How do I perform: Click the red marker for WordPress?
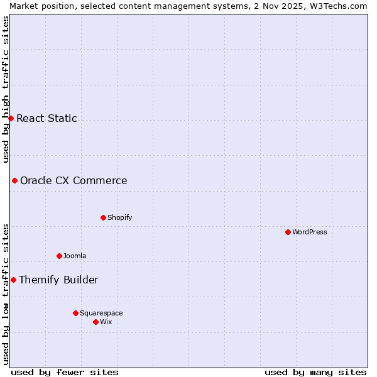point(288,232)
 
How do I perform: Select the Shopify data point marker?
point(103,217)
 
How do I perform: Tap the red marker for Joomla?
point(59,256)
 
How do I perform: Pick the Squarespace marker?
point(75,313)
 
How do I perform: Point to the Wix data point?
point(96,322)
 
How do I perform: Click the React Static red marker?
point(11,118)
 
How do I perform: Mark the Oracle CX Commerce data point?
point(14,180)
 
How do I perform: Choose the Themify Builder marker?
point(13,280)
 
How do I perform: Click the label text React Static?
point(46,118)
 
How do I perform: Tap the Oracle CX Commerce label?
point(74,180)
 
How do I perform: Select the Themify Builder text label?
point(58,280)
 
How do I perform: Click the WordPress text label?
point(309,232)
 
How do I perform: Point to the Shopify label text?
point(119,217)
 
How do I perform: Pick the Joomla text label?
point(75,256)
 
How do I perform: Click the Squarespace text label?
point(101,313)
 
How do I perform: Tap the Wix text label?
point(106,322)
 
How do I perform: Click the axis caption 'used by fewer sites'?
point(65,372)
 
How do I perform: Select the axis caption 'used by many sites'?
point(315,372)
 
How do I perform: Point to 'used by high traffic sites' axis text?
point(6,88)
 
